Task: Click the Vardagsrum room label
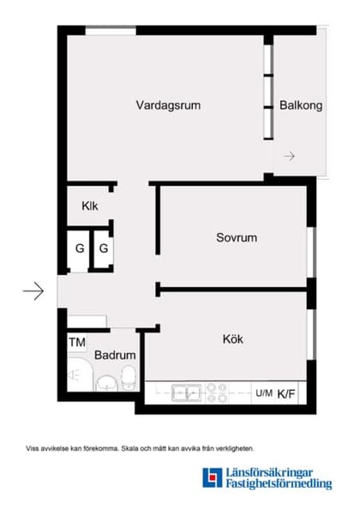[x=169, y=105]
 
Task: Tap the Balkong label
[x=301, y=106]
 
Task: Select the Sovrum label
[x=237, y=237]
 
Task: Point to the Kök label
[x=231, y=339]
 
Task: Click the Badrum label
[x=113, y=355]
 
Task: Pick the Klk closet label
[x=90, y=206]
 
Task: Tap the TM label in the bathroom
[x=77, y=342]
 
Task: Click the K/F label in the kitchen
[x=286, y=394]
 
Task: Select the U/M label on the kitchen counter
[x=264, y=393]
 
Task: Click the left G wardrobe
[x=80, y=249]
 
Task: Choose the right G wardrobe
[x=103, y=249]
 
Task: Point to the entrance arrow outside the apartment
[x=33, y=292]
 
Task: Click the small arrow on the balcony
[x=290, y=156]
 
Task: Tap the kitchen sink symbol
[x=186, y=393]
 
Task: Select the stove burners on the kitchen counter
[x=217, y=393]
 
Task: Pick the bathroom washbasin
[x=106, y=381]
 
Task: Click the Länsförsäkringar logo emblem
[x=212, y=477]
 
